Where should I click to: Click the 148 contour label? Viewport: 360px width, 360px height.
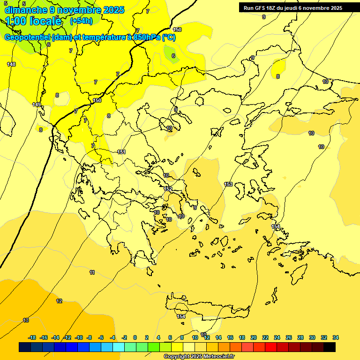[x=11, y=64]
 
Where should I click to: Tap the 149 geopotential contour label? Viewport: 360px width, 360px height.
[x=37, y=105]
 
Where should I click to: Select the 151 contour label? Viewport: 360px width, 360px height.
[x=121, y=152]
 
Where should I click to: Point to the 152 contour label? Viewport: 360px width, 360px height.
[x=168, y=189]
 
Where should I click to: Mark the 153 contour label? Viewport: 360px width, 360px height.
[x=228, y=184]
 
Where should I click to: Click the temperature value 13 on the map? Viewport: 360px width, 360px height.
[x=26, y=320]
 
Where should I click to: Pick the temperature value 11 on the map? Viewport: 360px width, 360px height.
[x=92, y=272]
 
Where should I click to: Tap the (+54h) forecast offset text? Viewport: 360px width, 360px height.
[x=81, y=21]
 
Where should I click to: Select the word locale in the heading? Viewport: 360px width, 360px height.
[x=45, y=21]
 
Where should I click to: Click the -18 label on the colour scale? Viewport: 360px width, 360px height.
[x=32, y=337]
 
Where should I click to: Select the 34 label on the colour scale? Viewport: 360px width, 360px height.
[x=335, y=337]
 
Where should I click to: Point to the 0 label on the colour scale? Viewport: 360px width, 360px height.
[x=135, y=337]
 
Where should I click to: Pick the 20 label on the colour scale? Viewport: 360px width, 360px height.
[x=254, y=337]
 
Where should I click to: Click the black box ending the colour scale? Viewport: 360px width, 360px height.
[x=330, y=347]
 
